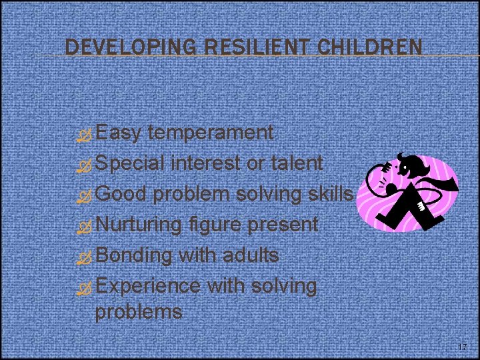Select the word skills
pos(326,193)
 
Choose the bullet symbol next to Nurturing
pos(85,226)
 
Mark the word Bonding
pos(134,256)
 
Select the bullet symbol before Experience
pos(85,288)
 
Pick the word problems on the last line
pos(139,311)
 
